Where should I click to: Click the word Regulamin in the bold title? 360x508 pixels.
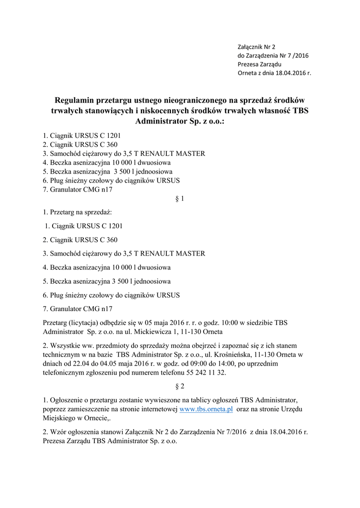[79, 99]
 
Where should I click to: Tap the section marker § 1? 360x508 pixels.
[180, 198]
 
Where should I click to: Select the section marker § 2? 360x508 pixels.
[180, 385]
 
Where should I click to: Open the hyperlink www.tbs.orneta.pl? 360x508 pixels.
[206, 409]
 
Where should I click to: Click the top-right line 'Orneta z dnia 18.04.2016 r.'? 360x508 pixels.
[275, 73]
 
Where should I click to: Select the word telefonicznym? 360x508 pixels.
[65, 373]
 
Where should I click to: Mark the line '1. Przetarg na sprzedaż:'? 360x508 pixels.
[77, 212]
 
